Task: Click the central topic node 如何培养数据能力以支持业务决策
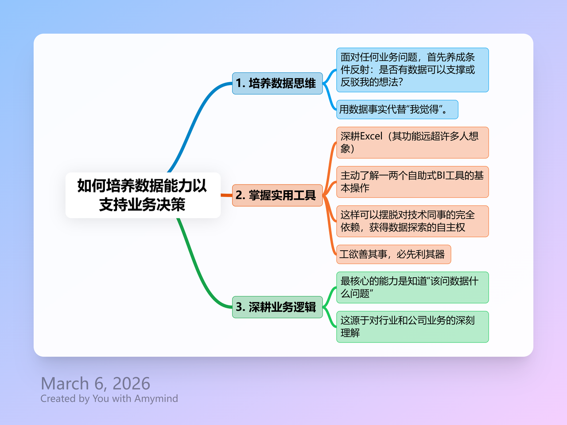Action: (x=143, y=195)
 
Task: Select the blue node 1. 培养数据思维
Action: (x=277, y=83)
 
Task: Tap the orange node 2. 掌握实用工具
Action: (x=277, y=195)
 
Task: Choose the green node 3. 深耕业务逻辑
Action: (x=277, y=307)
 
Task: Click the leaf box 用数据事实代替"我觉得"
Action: (x=397, y=110)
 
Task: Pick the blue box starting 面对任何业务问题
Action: (x=412, y=70)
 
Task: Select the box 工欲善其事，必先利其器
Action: (x=393, y=254)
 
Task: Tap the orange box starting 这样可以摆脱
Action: (x=412, y=221)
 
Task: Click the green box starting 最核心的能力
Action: (x=412, y=287)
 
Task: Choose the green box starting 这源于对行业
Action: (x=412, y=327)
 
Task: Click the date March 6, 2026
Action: (x=95, y=383)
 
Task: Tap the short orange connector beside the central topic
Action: (x=226, y=195)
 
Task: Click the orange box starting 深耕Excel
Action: (x=412, y=142)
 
